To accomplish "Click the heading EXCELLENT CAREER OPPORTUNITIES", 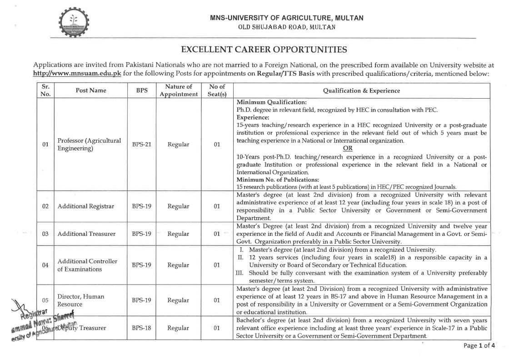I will [x=264, y=50].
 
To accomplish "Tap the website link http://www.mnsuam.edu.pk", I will [x=77, y=73].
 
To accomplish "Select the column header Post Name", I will [x=91, y=90].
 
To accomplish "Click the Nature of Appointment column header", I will [x=179, y=90].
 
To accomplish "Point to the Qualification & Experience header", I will [x=361, y=90].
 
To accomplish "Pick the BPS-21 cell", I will [x=141, y=145].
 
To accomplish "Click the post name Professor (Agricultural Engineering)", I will [x=89, y=145].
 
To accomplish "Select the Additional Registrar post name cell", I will [x=85, y=206].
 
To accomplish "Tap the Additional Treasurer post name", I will [x=86, y=234].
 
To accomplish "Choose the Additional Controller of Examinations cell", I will [x=87, y=265].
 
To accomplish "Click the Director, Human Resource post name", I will [x=80, y=300].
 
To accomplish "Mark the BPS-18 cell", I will [x=141, y=327].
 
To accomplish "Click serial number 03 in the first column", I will [x=45, y=234].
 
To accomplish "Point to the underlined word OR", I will [x=360, y=148].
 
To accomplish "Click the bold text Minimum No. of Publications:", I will [x=278, y=180].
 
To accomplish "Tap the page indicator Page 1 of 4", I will [x=479, y=346].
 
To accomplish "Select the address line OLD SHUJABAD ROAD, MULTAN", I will [x=287, y=27].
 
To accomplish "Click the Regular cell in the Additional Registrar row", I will [x=178, y=206].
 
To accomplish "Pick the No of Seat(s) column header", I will [x=217, y=90].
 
